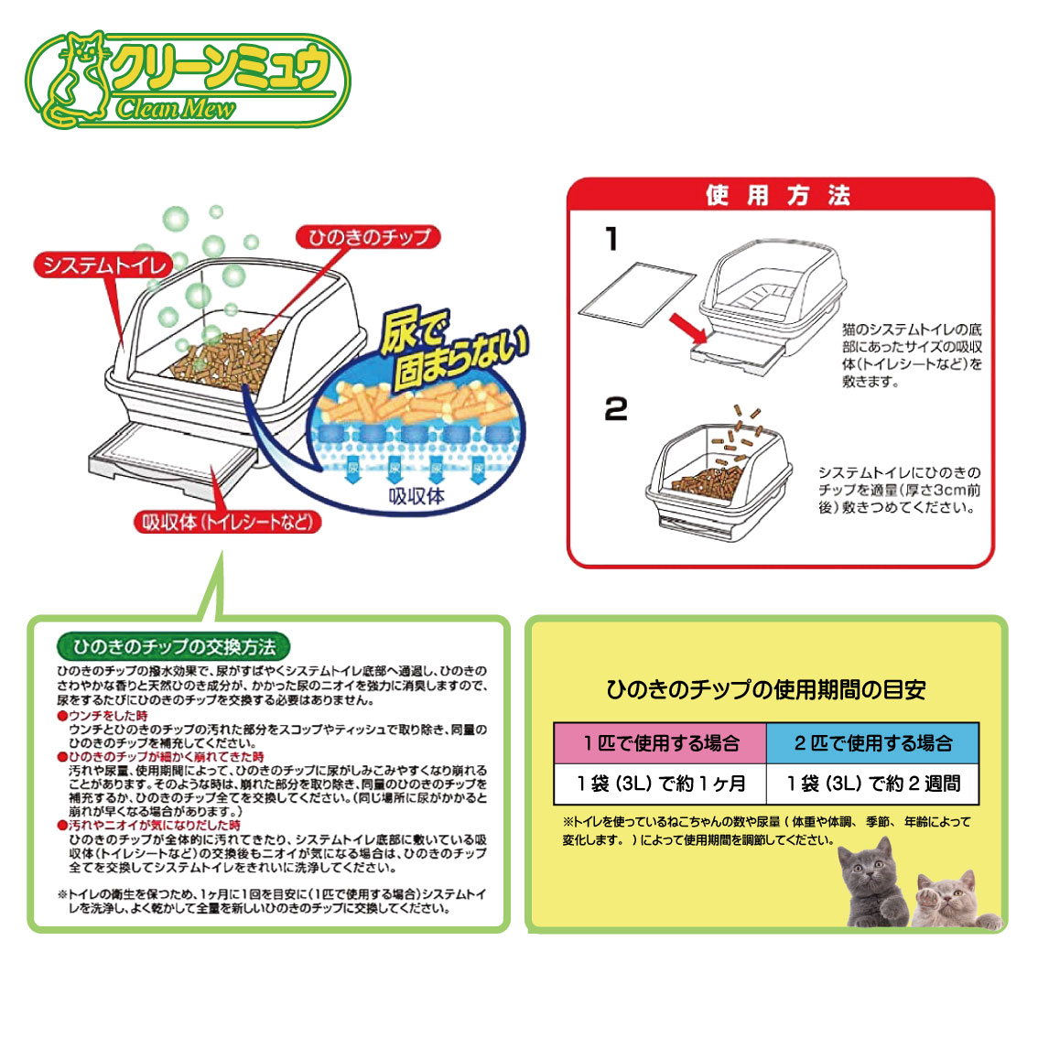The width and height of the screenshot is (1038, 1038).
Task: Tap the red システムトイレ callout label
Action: click(x=103, y=265)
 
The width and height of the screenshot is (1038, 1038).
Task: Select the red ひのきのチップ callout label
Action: click(x=368, y=236)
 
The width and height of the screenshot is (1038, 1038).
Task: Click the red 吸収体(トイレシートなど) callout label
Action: click(x=228, y=523)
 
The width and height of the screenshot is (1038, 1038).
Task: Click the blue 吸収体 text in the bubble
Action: click(x=416, y=496)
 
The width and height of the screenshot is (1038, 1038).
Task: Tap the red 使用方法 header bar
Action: click(x=781, y=195)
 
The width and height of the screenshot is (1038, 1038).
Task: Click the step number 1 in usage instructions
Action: click(x=612, y=238)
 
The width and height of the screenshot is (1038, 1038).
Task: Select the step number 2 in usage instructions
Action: click(x=616, y=409)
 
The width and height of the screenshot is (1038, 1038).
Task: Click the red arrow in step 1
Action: click(x=688, y=329)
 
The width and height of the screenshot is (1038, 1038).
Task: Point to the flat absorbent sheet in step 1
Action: click(x=637, y=296)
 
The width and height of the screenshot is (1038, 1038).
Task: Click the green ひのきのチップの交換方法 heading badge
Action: click(x=173, y=646)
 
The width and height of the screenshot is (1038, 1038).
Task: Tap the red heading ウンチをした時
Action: click(x=103, y=716)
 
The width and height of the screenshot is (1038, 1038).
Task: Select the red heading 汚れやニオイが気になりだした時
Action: click(x=149, y=825)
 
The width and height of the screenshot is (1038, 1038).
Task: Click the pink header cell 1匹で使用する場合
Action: click(x=660, y=743)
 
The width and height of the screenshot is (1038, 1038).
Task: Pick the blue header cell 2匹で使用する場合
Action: click(x=872, y=743)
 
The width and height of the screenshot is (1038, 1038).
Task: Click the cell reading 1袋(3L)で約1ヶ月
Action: click(x=660, y=784)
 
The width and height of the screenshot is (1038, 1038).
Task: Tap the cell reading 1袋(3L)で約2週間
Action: click(x=872, y=784)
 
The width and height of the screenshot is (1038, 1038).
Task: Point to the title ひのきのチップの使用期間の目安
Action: click(x=766, y=690)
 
